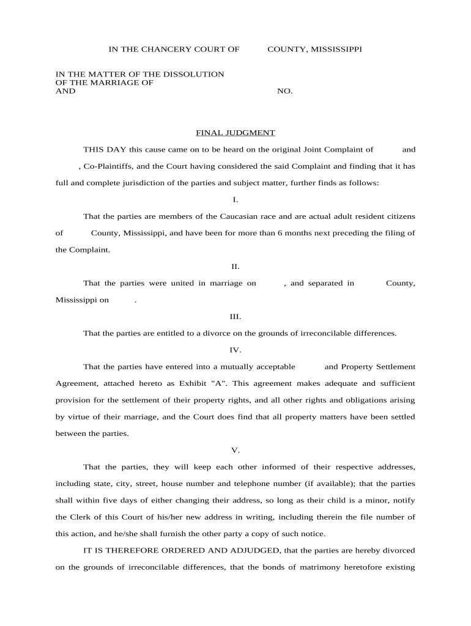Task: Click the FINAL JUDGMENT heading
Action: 235,133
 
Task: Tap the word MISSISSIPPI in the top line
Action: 336,49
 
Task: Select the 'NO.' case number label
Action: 285,91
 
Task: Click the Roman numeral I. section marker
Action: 236,200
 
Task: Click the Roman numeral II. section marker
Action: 236,267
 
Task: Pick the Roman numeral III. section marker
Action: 236,317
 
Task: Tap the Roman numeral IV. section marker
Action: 236,350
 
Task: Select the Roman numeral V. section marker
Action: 236,451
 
